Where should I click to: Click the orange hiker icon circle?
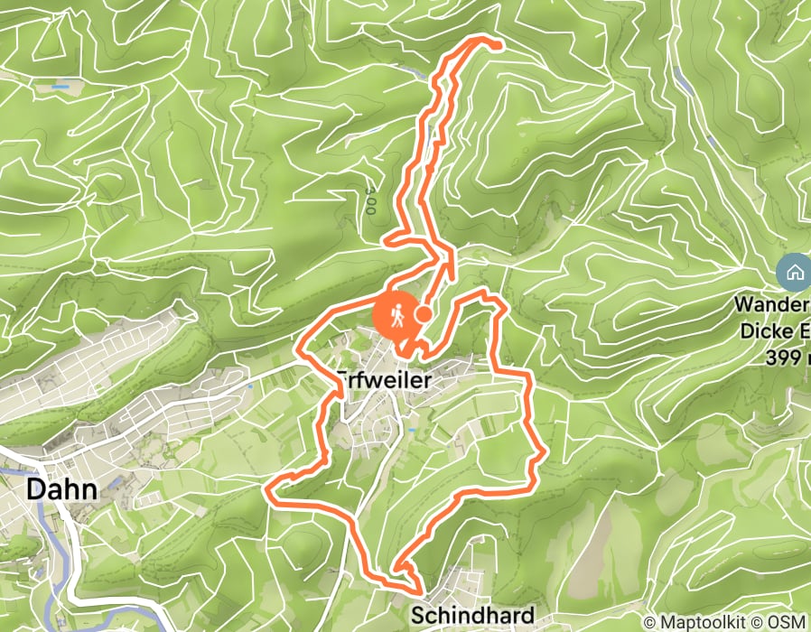(396, 315)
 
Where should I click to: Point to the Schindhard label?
(472, 616)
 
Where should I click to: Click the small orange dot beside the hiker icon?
(423, 313)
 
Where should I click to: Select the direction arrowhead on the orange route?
(449, 264)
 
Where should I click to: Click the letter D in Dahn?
(37, 490)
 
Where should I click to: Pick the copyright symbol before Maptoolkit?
(651, 622)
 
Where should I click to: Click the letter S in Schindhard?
(417, 616)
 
